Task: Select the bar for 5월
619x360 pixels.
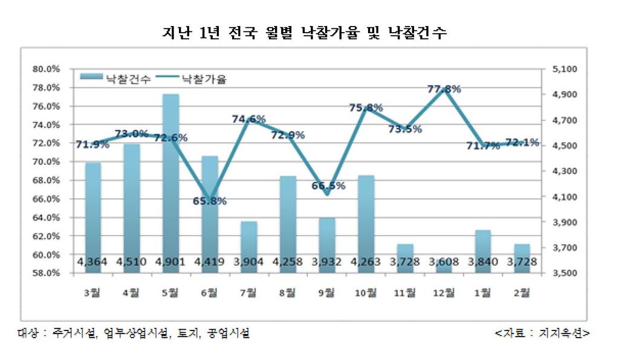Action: pos(170,181)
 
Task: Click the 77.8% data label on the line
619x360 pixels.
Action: pos(444,89)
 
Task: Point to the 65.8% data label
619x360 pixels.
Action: pos(210,201)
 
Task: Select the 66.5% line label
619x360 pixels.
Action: pos(328,185)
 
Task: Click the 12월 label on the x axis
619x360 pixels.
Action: pos(444,293)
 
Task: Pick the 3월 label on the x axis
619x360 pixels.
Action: pos(93,293)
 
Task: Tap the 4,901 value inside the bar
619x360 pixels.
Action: pos(170,262)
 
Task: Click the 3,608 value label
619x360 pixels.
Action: pos(444,262)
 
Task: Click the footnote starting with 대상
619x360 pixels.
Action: pos(133,333)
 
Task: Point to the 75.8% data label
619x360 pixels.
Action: pos(366,108)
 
